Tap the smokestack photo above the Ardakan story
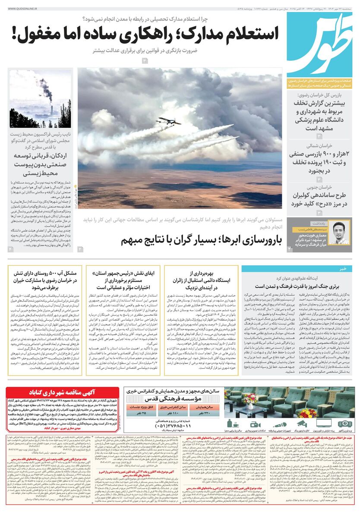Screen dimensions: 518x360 (40, 98)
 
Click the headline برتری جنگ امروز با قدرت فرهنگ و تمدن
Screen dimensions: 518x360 (298, 286)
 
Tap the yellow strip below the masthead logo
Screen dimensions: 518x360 (319, 84)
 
